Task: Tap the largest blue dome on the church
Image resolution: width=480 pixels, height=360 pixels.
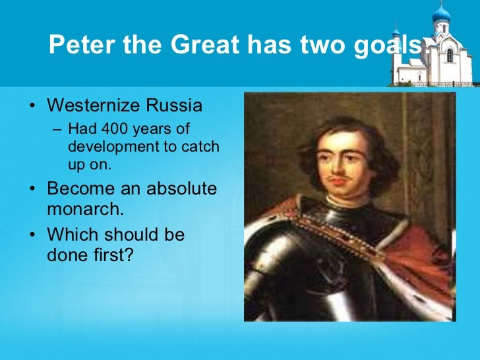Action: (x=440, y=13)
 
